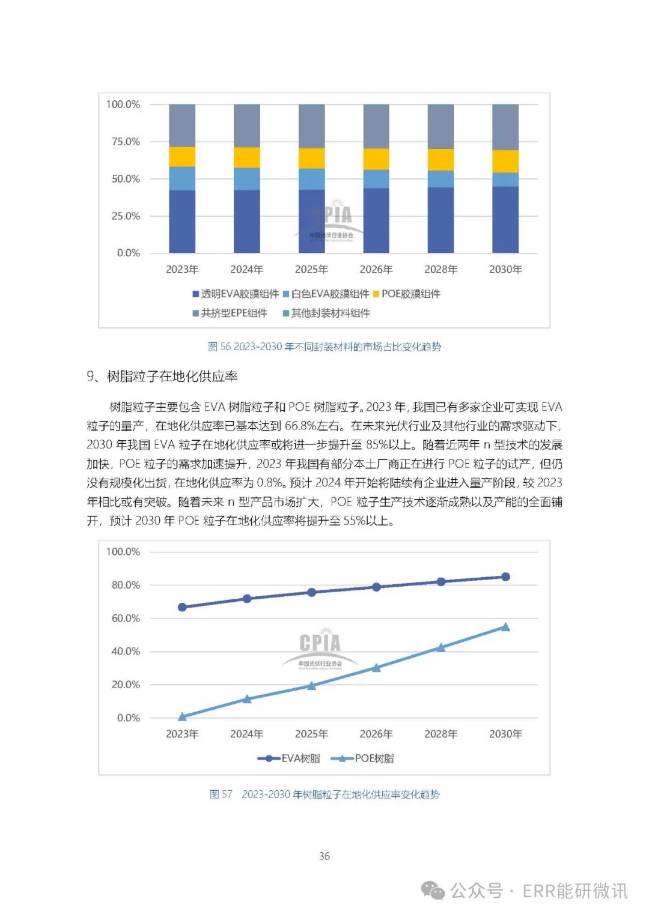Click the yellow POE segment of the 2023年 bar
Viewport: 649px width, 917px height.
point(182,157)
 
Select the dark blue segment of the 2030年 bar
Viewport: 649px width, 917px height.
point(505,219)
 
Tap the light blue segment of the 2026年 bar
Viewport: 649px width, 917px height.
point(376,179)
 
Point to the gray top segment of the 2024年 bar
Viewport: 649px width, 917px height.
point(247,126)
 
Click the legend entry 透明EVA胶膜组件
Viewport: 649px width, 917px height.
point(236,294)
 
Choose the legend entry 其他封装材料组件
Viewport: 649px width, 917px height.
point(326,313)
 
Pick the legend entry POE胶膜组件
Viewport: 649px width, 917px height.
point(407,294)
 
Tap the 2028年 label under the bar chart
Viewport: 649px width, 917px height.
point(440,270)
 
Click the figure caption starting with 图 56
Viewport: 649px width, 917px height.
point(324,347)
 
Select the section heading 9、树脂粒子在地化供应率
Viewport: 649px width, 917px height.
point(162,377)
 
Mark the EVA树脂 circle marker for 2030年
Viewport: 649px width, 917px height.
point(505,577)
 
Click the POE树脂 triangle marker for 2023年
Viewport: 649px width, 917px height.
point(182,716)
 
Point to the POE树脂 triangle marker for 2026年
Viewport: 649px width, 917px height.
point(376,667)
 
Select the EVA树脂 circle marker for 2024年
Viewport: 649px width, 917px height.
point(247,599)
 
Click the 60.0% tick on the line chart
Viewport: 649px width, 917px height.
point(125,618)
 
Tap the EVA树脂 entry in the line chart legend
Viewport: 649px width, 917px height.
point(289,758)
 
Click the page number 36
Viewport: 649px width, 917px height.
point(324,856)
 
